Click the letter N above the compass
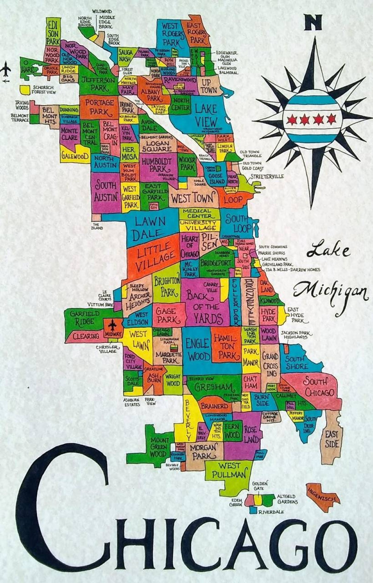[313, 22]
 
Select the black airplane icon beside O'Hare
[6, 70]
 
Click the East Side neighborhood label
[331, 439]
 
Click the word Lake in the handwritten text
[329, 251]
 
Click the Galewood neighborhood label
[75, 157]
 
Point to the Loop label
[233, 199]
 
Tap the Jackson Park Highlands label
[297, 335]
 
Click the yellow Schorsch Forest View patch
[25, 89]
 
